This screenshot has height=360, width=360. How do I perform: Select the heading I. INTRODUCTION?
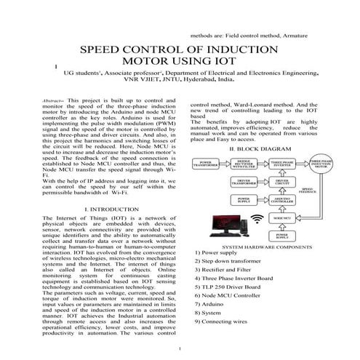click(107, 209)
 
